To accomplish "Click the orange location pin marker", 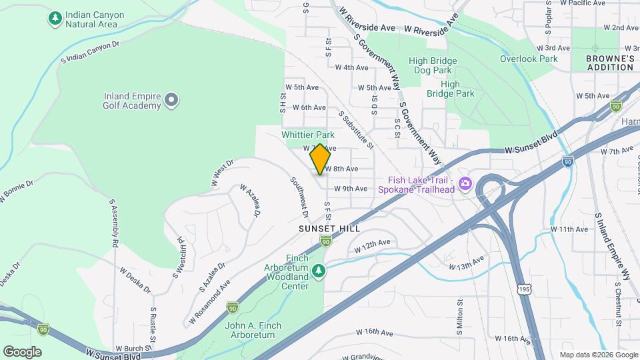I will click(x=320, y=159).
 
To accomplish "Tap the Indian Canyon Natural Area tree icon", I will click(x=55, y=19).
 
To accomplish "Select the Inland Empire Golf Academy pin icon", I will click(x=172, y=101).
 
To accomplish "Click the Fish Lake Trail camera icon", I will click(x=465, y=184).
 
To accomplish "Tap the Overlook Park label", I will click(x=529, y=59).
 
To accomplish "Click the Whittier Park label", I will click(x=307, y=135).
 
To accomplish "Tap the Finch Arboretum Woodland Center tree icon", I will click(x=320, y=270).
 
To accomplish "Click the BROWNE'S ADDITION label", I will click(x=609, y=63).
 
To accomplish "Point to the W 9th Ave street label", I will click(x=351, y=189).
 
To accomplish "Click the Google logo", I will click(x=22, y=352).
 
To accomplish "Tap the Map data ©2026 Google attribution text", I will click(x=598, y=355).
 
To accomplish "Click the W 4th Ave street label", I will click(x=351, y=67).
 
